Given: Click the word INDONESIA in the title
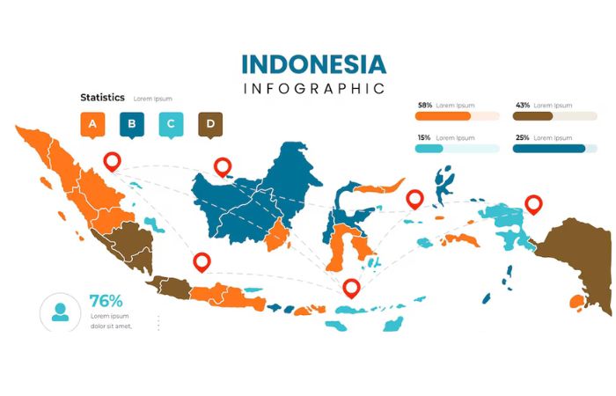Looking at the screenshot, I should (313, 64).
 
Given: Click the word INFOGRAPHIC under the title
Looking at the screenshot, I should (313, 88).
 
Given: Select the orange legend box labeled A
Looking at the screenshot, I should (92, 125).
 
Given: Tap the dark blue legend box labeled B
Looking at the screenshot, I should (131, 125).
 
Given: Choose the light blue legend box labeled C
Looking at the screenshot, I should (171, 125).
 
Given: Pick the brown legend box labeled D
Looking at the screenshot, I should (210, 125).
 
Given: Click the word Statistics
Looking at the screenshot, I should (102, 98).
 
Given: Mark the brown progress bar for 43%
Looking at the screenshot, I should (532, 115).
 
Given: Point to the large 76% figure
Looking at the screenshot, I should (106, 300).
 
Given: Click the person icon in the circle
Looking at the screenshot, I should (60, 312).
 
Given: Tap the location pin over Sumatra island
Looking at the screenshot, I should (111, 161).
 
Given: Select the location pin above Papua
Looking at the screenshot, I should (532, 204).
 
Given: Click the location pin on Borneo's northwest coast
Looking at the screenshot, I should (223, 165).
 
